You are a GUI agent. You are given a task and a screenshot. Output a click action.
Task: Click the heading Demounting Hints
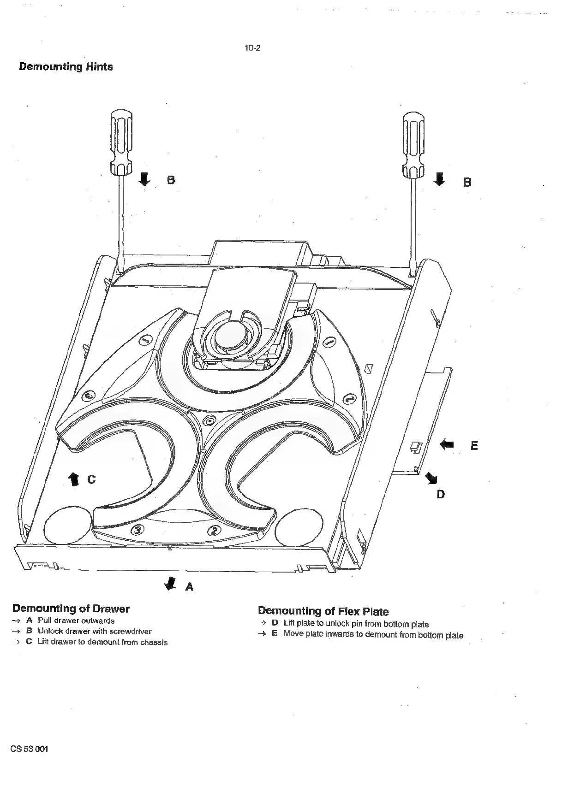click(x=66, y=67)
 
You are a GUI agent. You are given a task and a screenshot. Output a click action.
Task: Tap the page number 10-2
click(x=252, y=48)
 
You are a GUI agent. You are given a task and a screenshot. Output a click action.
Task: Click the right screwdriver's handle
click(x=414, y=144)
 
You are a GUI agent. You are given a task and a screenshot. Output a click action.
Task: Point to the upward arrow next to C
click(x=73, y=479)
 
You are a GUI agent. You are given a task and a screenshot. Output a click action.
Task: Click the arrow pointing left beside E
click(x=447, y=444)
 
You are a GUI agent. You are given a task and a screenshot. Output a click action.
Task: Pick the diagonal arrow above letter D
click(x=432, y=478)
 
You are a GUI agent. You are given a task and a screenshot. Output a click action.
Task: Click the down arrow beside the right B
click(x=440, y=179)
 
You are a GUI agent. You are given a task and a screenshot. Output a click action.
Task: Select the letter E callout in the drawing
click(x=474, y=446)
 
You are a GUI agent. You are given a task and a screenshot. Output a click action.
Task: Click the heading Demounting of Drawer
click(x=71, y=609)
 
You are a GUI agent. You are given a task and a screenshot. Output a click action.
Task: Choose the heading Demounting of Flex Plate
click(x=323, y=611)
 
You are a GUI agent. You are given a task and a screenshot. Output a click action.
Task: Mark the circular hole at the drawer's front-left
click(x=68, y=526)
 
